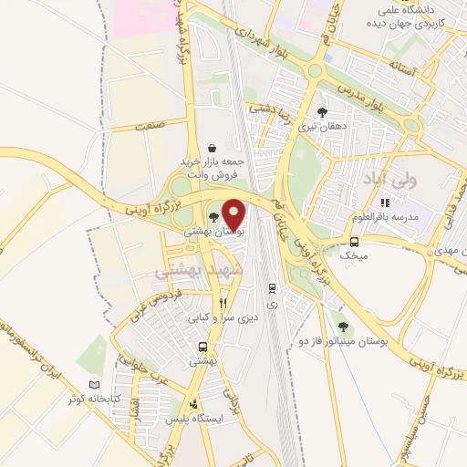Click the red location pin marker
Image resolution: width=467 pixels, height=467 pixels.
234,213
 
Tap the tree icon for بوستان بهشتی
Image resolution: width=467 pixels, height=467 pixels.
213,217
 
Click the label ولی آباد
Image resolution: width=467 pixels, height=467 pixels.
389,174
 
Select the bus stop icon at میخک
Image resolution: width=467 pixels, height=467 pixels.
355,242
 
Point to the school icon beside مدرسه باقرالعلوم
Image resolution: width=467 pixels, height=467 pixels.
386,202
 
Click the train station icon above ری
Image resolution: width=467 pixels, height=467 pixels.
271,287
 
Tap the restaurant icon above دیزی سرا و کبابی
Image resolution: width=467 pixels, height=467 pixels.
223,303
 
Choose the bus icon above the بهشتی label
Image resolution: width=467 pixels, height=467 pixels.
202,347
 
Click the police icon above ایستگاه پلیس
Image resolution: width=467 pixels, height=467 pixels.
192,403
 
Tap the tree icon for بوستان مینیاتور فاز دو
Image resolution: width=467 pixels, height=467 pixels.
343,326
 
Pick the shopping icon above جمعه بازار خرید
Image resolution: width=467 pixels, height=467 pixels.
212,148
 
